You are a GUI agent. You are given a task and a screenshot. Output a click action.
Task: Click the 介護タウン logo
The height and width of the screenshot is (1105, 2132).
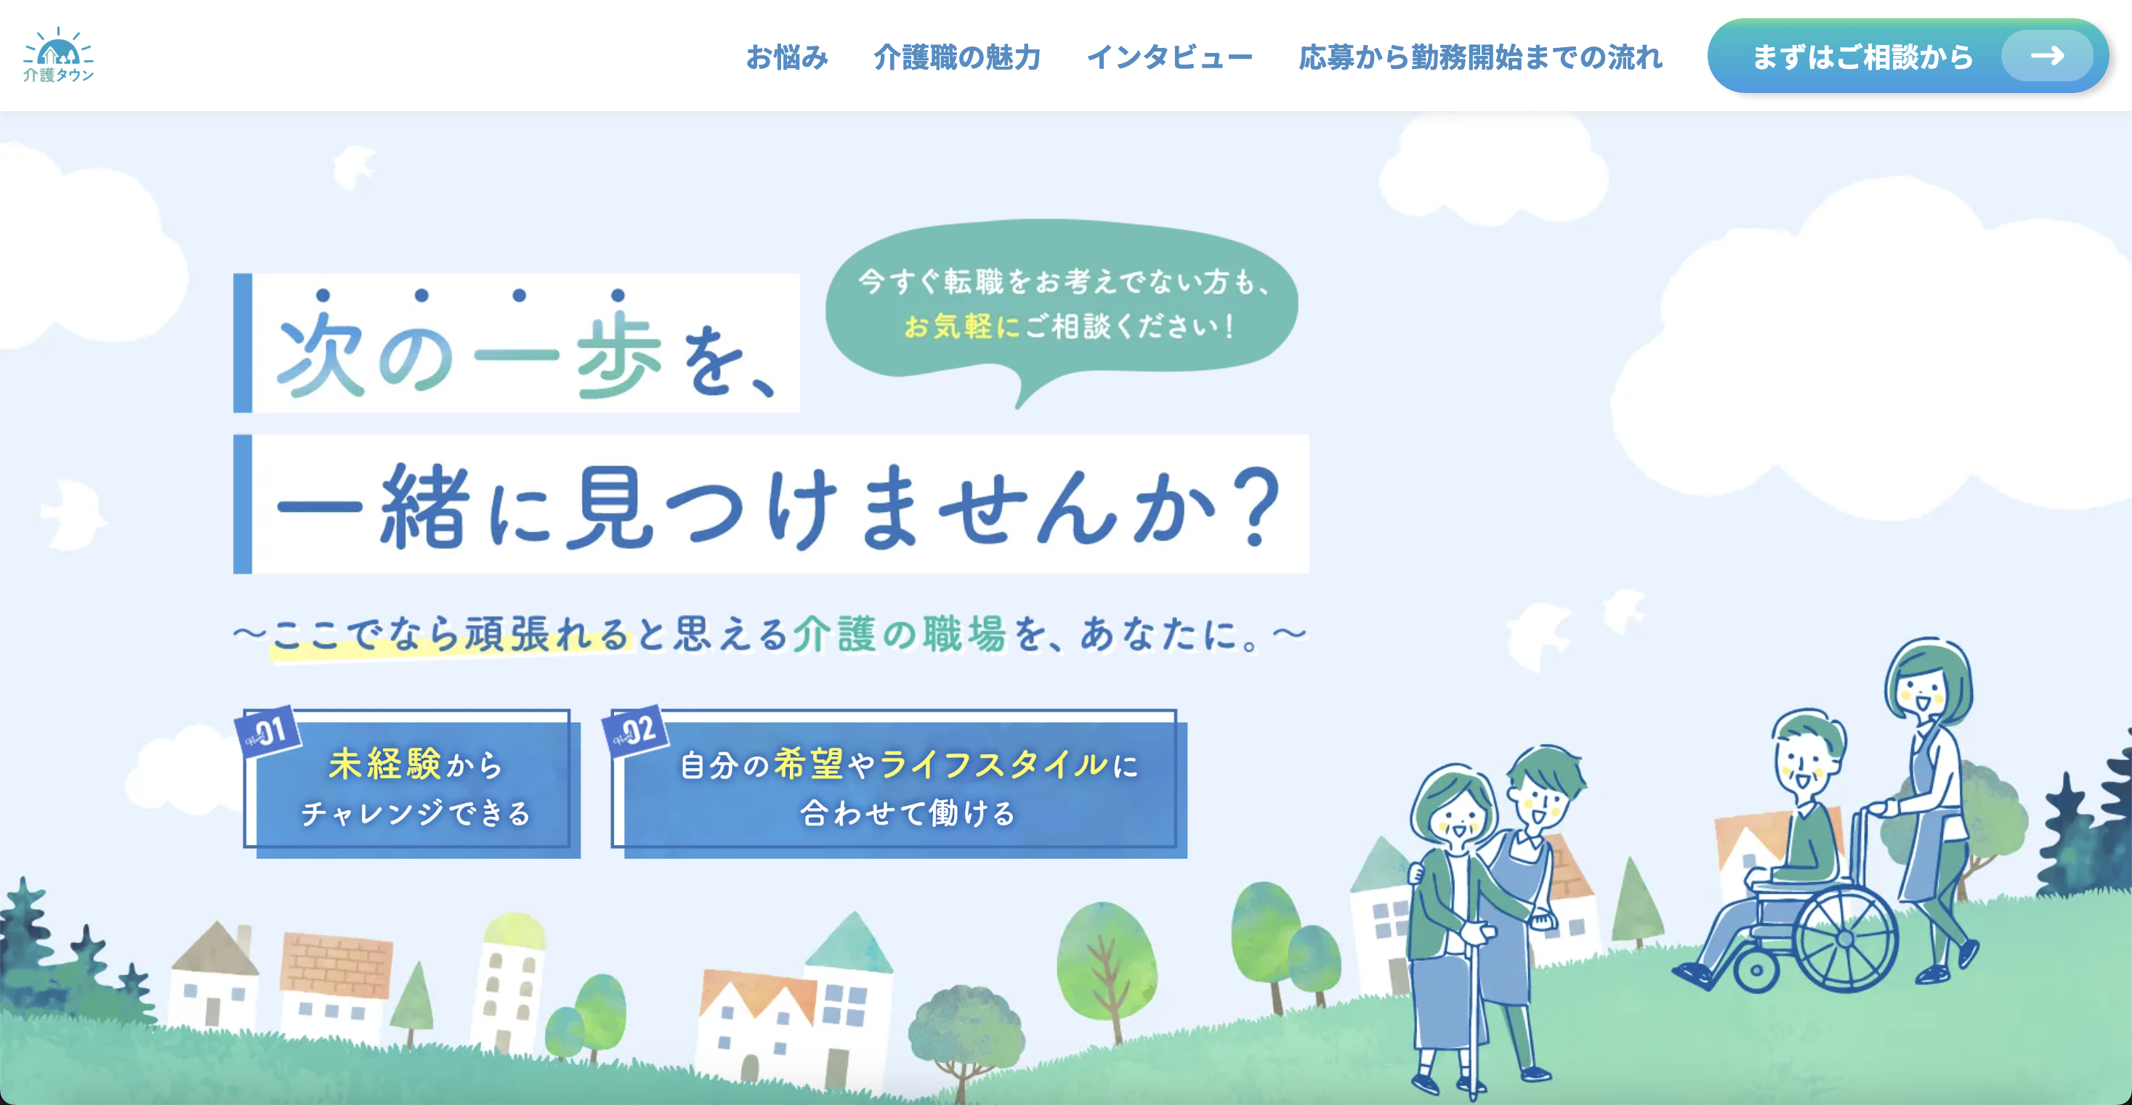(58, 54)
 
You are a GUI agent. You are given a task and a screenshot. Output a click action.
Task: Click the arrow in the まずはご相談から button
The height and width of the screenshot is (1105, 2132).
(2048, 55)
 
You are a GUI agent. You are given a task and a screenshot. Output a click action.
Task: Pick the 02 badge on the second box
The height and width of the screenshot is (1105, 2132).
(635, 730)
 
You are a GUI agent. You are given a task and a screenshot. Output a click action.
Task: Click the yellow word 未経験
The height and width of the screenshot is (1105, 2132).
(385, 764)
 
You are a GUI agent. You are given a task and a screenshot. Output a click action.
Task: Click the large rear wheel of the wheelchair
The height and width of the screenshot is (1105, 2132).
(1845, 938)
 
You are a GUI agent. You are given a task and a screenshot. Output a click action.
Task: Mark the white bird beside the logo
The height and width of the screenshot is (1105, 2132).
(352, 166)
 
